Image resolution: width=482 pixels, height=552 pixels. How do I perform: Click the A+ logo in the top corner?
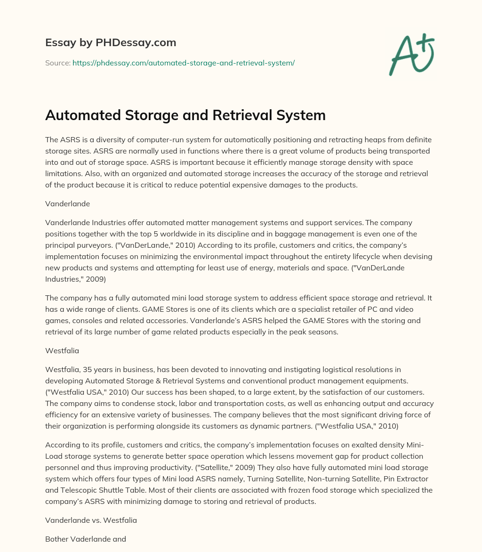[411, 55]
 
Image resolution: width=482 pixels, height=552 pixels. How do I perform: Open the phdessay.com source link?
[183, 63]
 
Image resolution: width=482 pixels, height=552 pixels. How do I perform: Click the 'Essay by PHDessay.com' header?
[111, 43]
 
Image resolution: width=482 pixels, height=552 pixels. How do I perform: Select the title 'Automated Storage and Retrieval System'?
[185, 115]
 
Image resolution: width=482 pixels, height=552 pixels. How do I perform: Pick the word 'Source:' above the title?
[57, 63]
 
